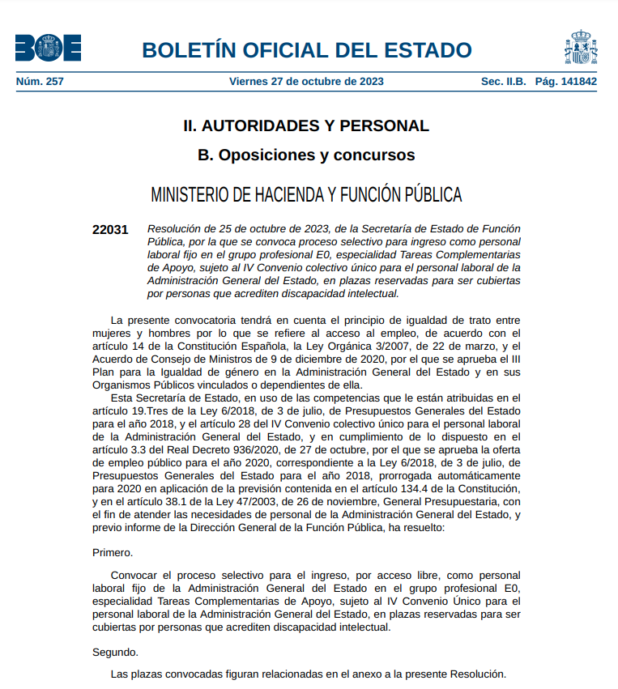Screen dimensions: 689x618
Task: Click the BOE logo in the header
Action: (x=48, y=48)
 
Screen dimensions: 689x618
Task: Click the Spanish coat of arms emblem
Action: (x=581, y=48)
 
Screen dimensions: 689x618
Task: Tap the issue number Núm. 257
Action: (x=40, y=81)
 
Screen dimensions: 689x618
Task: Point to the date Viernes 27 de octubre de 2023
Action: (x=306, y=81)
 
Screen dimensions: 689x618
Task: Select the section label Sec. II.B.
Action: (x=503, y=81)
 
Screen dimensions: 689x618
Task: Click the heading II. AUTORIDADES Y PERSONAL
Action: (x=306, y=125)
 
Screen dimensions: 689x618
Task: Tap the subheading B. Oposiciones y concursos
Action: (x=306, y=155)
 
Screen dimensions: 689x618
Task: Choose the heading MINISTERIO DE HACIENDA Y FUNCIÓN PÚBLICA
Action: (x=306, y=195)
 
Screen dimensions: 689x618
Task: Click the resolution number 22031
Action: (x=110, y=230)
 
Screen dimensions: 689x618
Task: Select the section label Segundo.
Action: (x=115, y=652)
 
